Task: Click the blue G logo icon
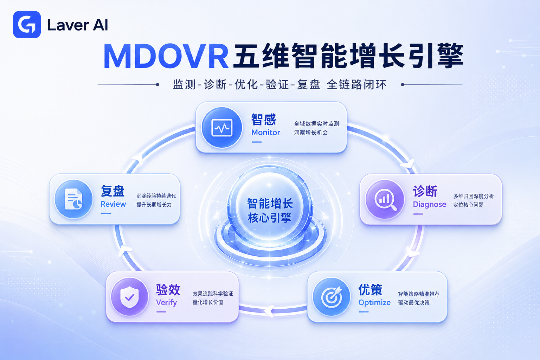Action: (27, 24)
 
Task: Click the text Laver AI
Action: (77, 25)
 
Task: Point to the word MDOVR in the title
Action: (166, 56)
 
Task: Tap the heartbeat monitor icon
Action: (222, 128)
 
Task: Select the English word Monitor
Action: (266, 133)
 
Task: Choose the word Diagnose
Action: (429, 205)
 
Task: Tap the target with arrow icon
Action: (332, 297)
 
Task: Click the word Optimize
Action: (374, 303)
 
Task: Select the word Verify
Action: (166, 303)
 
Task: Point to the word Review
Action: (113, 204)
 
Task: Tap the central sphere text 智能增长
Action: (270, 203)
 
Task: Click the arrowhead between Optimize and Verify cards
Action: (270, 311)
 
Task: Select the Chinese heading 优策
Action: (370, 290)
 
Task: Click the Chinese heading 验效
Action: (168, 290)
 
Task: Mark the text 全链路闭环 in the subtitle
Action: (356, 85)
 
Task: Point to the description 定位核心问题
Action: (468, 205)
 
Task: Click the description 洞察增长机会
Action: (311, 133)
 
